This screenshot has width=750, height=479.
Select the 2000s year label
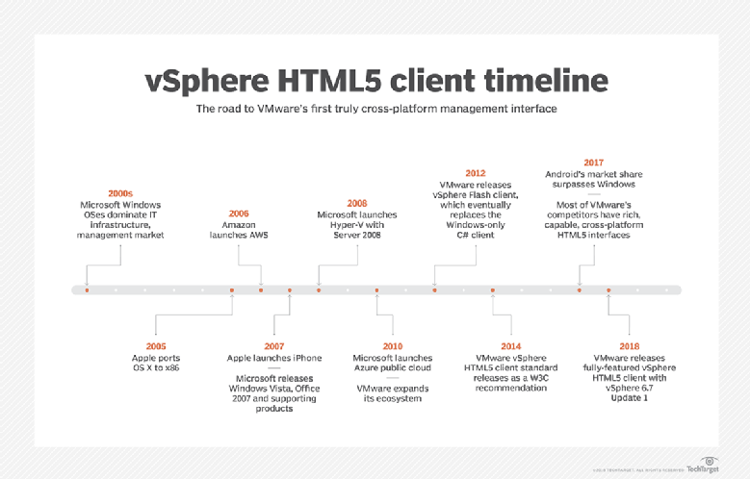[x=121, y=193]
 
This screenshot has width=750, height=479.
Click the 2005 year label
[x=156, y=346]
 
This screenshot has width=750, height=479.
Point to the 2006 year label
[x=238, y=213]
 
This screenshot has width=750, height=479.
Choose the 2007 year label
[x=274, y=346]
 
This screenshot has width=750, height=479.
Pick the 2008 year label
[x=357, y=203]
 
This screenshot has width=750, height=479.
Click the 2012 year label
[x=476, y=172]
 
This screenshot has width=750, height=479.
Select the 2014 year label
[x=511, y=346]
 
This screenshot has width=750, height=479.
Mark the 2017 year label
[x=594, y=163]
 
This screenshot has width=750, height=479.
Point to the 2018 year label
[x=629, y=346]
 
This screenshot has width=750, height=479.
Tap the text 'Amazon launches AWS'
[x=238, y=230]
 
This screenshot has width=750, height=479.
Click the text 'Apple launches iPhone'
[x=274, y=358]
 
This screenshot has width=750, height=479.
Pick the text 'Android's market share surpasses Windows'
[x=594, y=180]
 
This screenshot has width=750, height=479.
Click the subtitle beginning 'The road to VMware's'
[x=376, y=109]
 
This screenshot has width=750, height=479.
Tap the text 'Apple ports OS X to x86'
[x=156, y=363]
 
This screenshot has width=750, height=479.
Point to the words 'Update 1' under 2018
[x=629, y=399]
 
